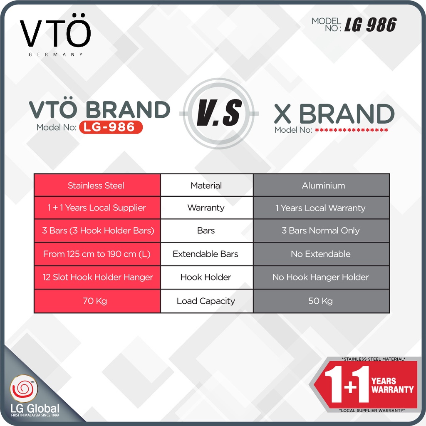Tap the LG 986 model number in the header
click(370, 25)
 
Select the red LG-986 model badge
click(111, 127)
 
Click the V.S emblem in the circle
click(219, 113)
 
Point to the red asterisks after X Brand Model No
click(352, 130)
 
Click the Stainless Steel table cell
click(97, 185)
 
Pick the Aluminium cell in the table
click(321, 185)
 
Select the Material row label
click(206, 186)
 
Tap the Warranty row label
click(206, 208)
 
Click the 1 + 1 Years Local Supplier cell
click(97, 208)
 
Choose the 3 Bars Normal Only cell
click(321, 230)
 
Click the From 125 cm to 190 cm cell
click(97, 254)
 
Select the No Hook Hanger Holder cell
click(321, 277)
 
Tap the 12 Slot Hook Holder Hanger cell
click(97, 277)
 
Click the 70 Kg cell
click(97, 301)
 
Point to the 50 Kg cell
click(321, 301)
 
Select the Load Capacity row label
click(206, 301)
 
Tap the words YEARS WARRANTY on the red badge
click(392, 385)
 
